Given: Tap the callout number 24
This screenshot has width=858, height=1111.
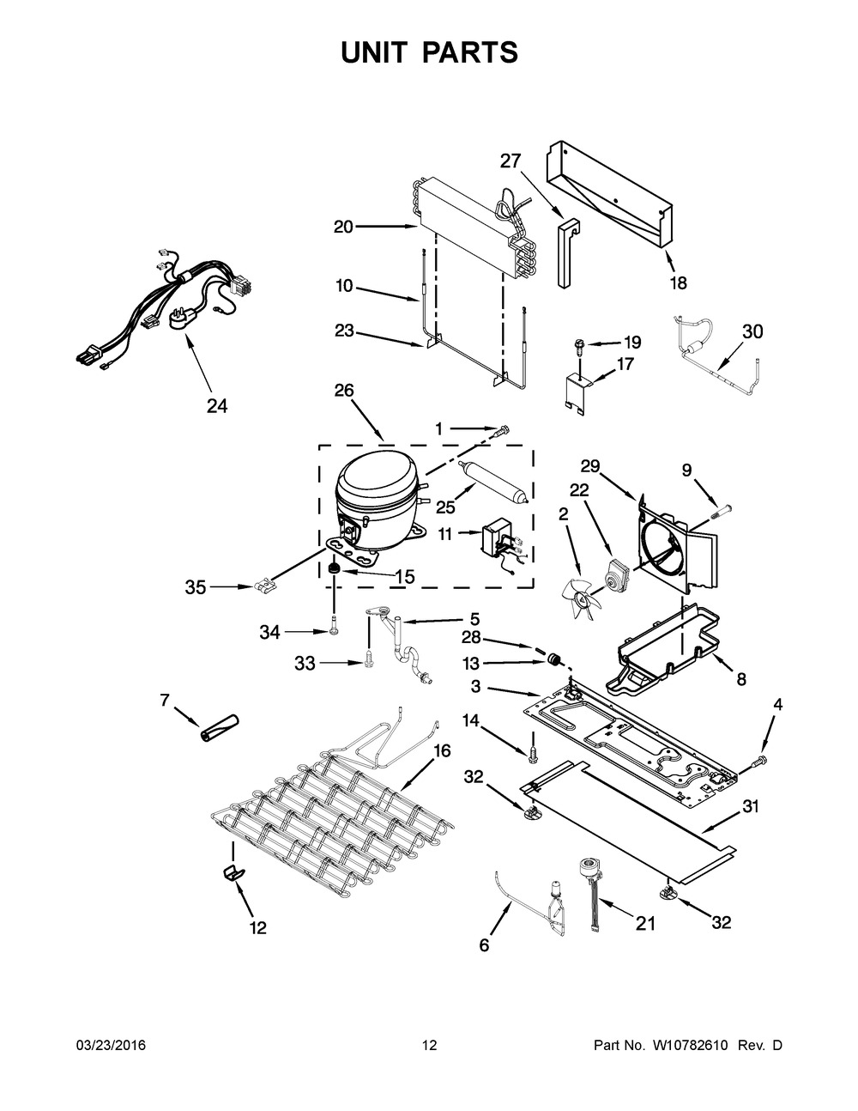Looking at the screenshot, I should (x=217, y=406).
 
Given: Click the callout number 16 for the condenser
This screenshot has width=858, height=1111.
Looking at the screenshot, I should (x=442, y=750).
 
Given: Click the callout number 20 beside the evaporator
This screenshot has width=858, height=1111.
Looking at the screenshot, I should (x=343, y=227).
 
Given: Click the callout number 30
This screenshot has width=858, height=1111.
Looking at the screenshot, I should (x=752, y=332).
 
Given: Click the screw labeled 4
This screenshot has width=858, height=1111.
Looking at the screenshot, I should (x=758, y=761).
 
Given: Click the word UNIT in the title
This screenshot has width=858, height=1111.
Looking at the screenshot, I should (x=378, y=52).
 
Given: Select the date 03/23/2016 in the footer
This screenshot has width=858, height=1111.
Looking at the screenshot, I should (x=111, y=1045).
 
